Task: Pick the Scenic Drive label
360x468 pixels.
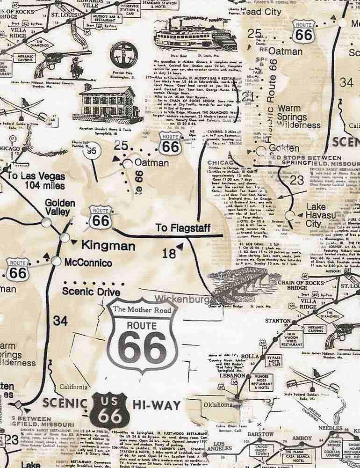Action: click(92, 291)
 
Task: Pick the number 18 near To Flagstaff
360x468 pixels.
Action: click(169, 254)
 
